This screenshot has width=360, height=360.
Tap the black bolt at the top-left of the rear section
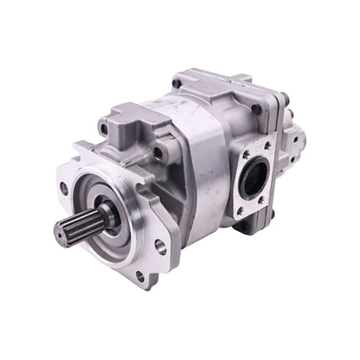point(177,83)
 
